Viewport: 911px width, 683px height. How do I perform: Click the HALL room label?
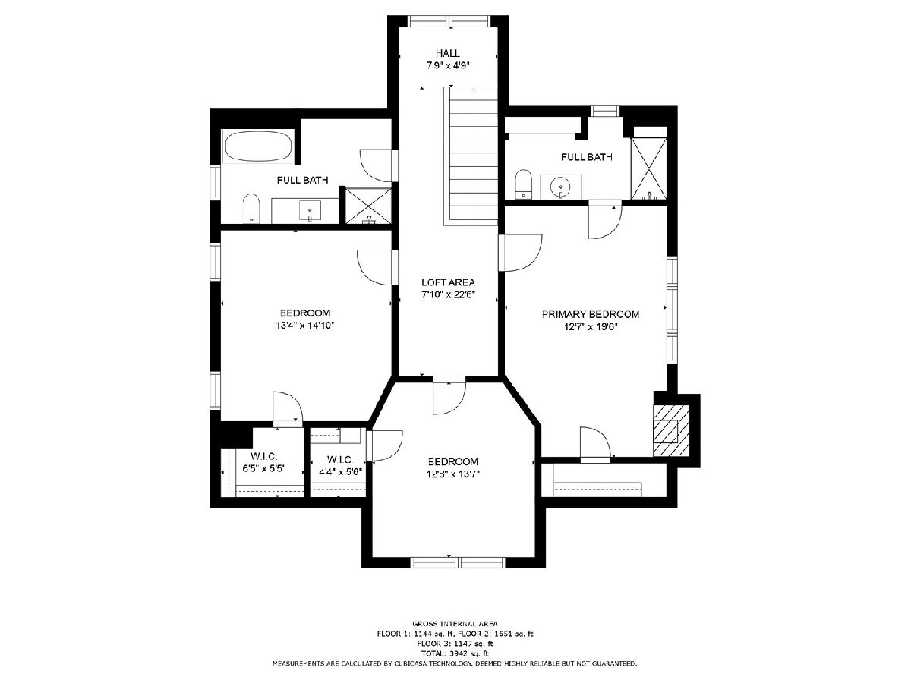click(447, 53)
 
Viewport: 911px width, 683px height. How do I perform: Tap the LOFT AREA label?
click(448, 282)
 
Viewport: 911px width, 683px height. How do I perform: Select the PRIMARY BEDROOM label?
click(590, 314)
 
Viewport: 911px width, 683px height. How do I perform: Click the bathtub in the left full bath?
click(257, 146)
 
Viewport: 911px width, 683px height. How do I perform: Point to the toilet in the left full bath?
click(251, 208)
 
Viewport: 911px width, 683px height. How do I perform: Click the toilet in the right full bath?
click(523, 184)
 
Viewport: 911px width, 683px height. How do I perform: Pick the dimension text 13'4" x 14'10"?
click(305, 326)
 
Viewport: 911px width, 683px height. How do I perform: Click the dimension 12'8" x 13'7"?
click(452, 474)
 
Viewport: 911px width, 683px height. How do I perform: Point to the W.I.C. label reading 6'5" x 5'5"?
click(264, 463)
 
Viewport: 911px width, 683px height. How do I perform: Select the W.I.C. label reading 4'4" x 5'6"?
click(340, 466)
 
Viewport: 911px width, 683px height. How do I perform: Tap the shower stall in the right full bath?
click(648, 168)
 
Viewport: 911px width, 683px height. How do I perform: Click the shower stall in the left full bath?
click(368, 206)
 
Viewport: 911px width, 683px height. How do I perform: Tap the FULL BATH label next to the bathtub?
click(303, 180)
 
